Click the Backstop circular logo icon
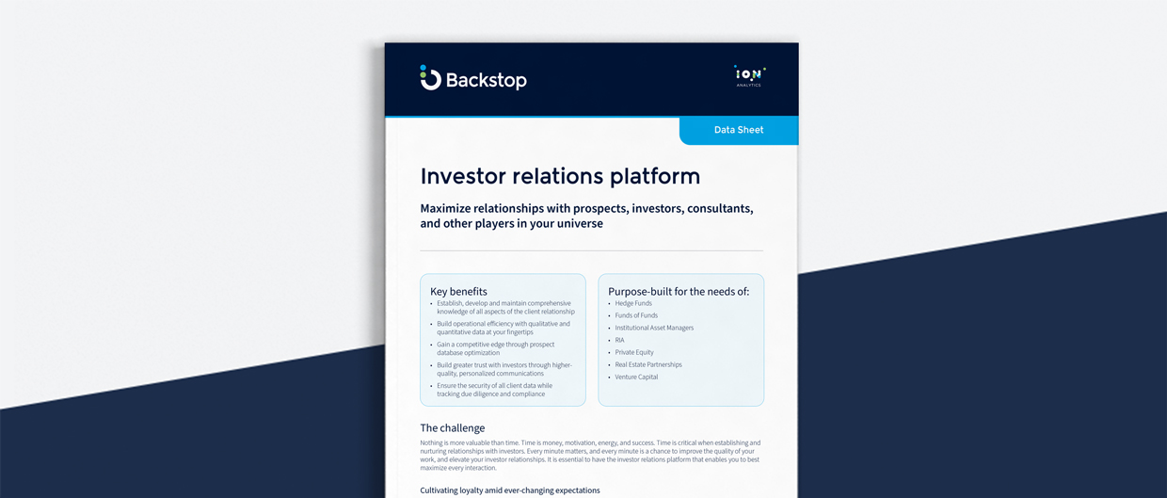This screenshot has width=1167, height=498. point(430,79)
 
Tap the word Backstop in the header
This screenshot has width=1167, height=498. point(486,81)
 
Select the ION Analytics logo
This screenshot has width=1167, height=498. point(749,76)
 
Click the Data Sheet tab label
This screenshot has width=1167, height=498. point(739,130)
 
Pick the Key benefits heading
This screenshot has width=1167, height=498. point(458,292)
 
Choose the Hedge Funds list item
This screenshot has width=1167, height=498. point(633,303)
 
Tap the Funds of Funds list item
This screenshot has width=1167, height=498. point(636,315)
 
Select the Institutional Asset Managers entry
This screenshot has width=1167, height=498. point(654,328)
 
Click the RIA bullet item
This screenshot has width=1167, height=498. point(619,340)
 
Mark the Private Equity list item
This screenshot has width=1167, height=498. point(634,352)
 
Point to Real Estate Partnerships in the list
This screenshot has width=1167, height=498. point(648,364)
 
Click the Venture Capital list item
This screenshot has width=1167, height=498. point(637,377)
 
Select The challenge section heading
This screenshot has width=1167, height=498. point(453,428)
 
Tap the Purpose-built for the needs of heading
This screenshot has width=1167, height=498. point(679,292)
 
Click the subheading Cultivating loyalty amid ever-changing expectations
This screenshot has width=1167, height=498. point(509,490)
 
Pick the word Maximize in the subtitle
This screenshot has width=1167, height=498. point(453,208)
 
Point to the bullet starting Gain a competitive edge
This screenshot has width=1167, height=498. point(495,348)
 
